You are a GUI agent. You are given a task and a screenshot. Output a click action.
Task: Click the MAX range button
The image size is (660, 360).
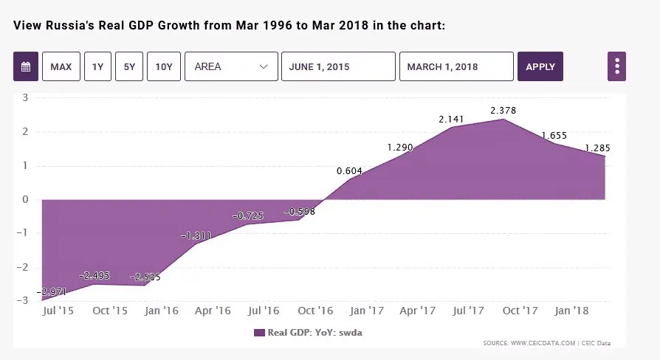[x=61, y=66]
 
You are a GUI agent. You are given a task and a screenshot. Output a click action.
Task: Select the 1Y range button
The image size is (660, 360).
[x=97, y=66]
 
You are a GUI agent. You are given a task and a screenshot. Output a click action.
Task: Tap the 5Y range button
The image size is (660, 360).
[x=129, y=66]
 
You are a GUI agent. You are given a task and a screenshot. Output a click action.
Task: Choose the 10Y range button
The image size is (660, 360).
[x=164, y=66]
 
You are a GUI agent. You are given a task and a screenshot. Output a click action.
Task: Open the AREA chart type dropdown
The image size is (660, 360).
[x=231, y=66]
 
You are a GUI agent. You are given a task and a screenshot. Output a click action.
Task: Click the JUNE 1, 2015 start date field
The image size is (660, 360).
[x=338, y=66]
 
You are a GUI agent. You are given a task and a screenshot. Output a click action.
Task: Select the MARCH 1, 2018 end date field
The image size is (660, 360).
[x=456, y=66]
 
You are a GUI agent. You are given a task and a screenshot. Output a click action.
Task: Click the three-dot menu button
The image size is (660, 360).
[x=616, y=66]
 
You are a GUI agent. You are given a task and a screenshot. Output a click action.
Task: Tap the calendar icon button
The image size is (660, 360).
[x=26, y=66]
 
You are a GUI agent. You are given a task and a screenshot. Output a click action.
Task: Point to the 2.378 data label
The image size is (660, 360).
[x=503, y=111]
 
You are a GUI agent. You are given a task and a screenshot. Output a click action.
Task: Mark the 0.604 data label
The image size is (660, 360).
[x=349, y=171]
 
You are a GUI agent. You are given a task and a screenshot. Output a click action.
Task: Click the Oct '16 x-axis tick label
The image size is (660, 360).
[x=315, y=311]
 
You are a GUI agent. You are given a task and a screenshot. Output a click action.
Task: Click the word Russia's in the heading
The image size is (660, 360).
[x=69, y=26]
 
